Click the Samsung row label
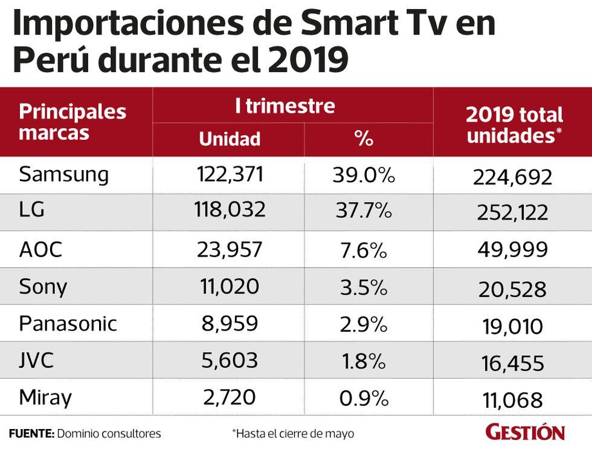click(63, 175)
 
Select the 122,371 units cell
click(230, 175)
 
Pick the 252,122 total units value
click(512, 212)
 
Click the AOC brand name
click(40, 249)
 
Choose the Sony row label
click(43, 286)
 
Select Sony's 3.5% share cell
click(363, 286)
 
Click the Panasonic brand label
click(67, 323)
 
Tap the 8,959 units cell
click(230, 323)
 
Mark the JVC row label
click(36, 361)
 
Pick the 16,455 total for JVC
click(512, 364)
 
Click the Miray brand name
click(45, 398)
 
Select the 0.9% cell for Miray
click(363, 398)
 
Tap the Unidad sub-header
click(230, 139)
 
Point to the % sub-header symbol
click(364, 139)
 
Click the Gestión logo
click(525, 432)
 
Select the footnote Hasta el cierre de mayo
click(292, 433)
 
